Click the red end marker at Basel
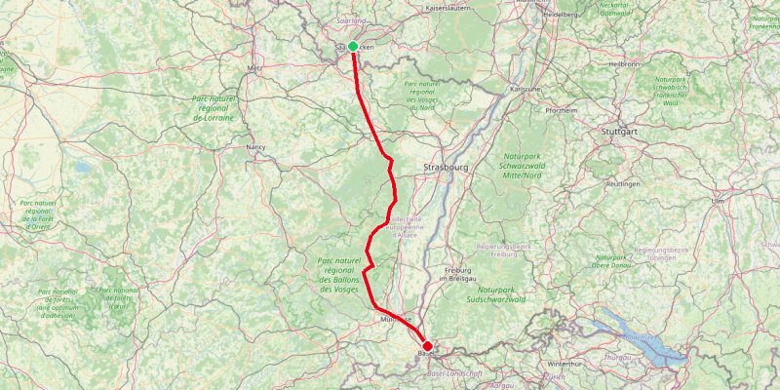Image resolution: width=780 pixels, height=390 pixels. tap(427, 346)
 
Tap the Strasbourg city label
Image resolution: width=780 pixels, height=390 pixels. tap(447, 168)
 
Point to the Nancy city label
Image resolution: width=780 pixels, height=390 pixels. tap(256, 147)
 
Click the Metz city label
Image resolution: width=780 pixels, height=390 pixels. tap(255, 69)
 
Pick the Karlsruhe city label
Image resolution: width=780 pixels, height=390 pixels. tap(526, 88)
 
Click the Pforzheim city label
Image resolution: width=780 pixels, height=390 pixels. tap(562, 111)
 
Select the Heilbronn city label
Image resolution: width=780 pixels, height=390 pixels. tap(623, 63)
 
